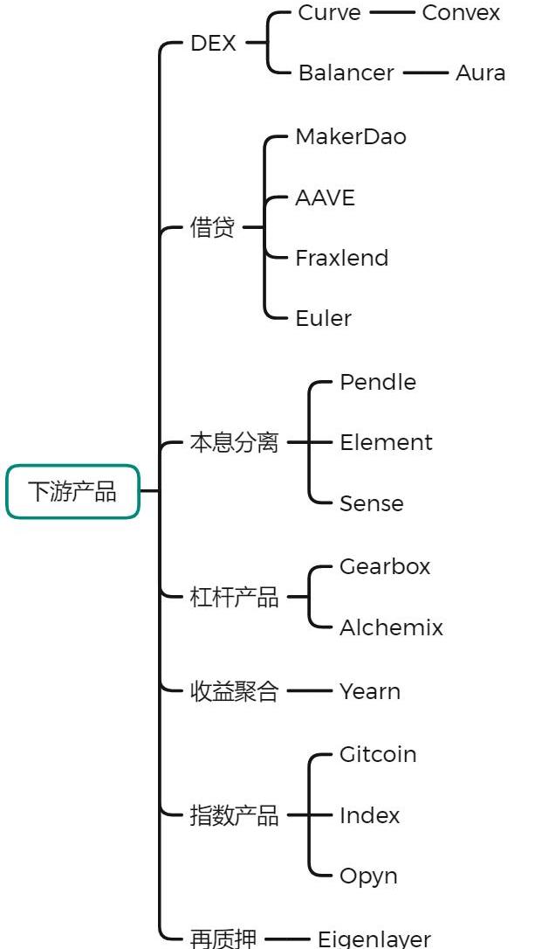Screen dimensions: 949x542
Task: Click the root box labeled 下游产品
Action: coord(72,491)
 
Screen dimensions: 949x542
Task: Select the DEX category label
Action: coord(213,43)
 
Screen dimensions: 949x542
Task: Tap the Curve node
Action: coord(329,13)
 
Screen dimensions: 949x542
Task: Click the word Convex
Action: coord(461,13)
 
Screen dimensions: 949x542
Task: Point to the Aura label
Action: coord(480,73)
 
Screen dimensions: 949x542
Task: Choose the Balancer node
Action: coord(346,73)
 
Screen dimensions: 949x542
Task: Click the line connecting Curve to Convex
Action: coord(391,13)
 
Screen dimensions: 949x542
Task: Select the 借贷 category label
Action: coord(212,228)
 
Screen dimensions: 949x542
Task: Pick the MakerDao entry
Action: coord(350,137)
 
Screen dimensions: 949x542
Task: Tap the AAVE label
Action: coord(325,197)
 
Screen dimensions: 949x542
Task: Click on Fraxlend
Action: coord(341,258)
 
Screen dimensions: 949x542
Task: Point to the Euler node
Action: coord(323,318)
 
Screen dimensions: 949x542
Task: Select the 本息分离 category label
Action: coord(234,443)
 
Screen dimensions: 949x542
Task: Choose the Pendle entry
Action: coord(377,382)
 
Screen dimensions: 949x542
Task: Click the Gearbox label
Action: coord(384,566)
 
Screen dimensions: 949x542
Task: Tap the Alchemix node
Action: coord(391,627)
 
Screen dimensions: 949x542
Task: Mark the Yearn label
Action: coord(370,691)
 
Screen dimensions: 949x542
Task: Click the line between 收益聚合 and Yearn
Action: coord(309,691)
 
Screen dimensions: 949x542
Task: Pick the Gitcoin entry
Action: coord(378,754)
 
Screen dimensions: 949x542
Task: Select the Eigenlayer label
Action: coord(374,939)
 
